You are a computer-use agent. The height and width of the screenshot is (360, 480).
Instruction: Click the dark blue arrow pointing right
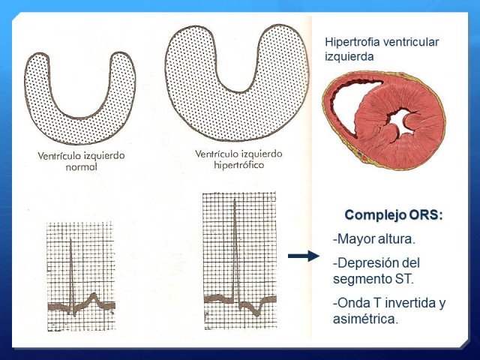[x=303, y=256]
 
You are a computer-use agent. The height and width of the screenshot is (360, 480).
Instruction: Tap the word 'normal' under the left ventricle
[x=82, y=167]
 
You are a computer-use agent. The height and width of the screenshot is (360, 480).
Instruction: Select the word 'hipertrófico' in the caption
[x=238, y=165]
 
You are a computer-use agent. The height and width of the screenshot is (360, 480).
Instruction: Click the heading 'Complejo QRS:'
[x=394, y=215]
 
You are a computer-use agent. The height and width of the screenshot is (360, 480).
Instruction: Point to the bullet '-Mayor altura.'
[x=374, y=238]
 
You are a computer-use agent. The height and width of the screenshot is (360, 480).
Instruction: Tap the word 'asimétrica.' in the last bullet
[x=366, y=319]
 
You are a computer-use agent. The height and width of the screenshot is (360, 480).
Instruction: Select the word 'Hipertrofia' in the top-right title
[x=347, y=42]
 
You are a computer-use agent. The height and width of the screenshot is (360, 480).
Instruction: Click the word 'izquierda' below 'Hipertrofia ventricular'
[x=349, y=57]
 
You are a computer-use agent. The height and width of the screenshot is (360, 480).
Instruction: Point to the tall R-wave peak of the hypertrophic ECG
[x=235, y=200]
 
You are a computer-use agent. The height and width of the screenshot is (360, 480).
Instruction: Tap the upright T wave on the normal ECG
[x=94, y=297]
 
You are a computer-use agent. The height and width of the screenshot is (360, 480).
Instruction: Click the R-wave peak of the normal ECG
[x=70, y=240]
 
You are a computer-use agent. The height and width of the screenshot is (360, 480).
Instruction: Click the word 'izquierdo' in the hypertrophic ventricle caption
[x=262, y=154]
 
